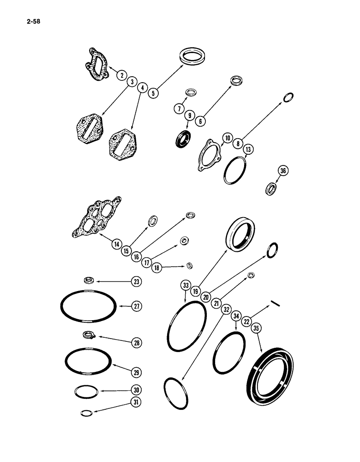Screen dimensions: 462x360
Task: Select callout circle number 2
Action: coord(121,75)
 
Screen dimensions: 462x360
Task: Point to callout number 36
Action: coord(283,171)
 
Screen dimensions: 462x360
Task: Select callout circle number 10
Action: coord(227,138)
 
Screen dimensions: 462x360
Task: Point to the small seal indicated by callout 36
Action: coord(271,188)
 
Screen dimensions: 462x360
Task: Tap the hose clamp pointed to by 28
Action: coord(89,335)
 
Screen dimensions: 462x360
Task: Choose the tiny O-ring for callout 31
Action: coord(86,413)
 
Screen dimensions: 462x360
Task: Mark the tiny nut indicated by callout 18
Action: coord(189,266)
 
